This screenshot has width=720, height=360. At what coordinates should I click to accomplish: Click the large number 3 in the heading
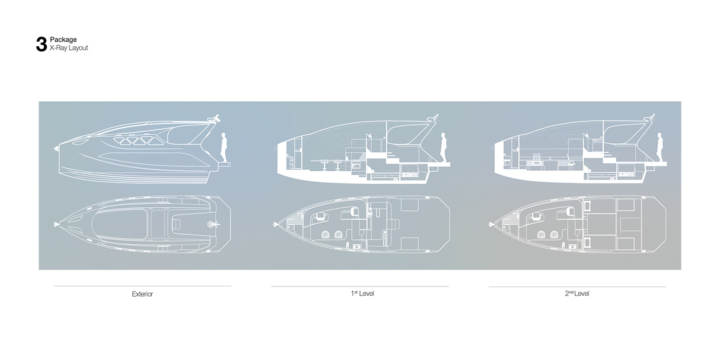pos(42,44)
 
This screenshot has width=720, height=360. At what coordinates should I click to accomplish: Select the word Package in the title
pos(63,40)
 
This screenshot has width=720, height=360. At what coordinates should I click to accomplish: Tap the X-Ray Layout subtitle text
pos(69,48)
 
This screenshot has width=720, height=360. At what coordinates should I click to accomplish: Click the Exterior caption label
pos(142,294)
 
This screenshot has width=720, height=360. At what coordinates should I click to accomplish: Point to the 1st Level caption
pos(362,293)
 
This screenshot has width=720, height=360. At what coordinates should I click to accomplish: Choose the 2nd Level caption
pos(577,293)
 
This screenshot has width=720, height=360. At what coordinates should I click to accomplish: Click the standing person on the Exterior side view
pos(224,147)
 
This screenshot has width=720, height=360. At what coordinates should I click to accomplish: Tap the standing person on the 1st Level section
pos(443,147)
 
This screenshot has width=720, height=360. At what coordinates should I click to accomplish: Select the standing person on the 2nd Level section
pos(660,147)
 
